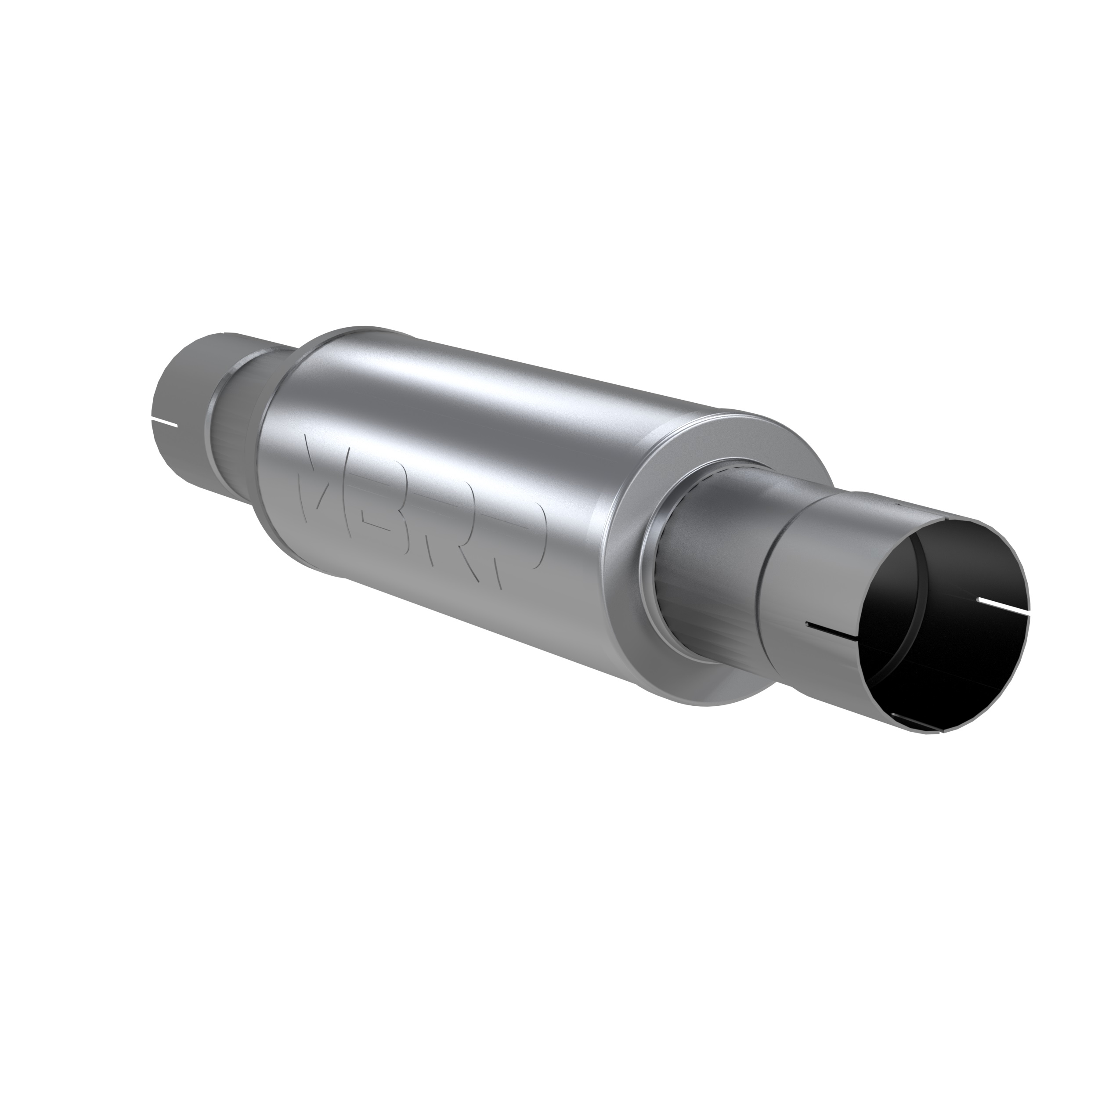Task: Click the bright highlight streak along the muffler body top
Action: click(x=483, y=392)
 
